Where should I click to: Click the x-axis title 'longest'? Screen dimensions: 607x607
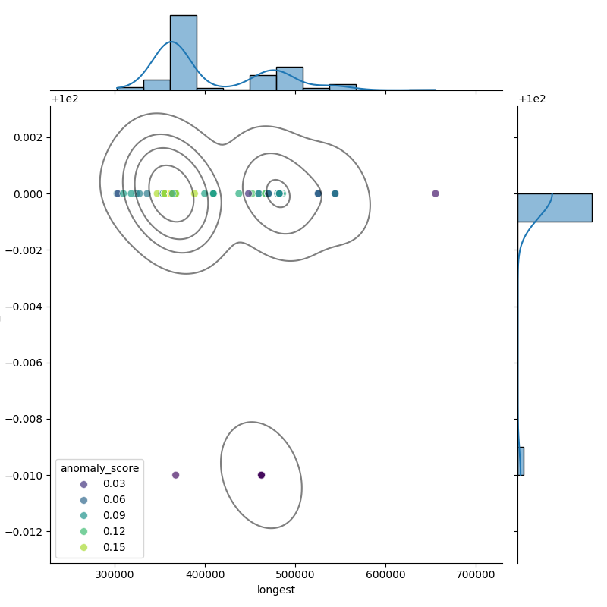tap(276, 590)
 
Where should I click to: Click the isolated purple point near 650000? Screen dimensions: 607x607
tap(436, 193)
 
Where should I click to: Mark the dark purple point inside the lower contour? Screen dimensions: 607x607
tap(261, 475)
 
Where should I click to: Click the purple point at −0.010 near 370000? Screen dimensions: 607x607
tap(175, 475)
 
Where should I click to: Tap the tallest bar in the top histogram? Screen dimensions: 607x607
tap(183, 53)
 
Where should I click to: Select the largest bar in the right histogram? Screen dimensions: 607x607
tap(554, 207)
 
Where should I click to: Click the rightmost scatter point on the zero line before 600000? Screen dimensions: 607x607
tap(335, 193)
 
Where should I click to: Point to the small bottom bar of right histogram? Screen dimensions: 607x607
tap(521, 461)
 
